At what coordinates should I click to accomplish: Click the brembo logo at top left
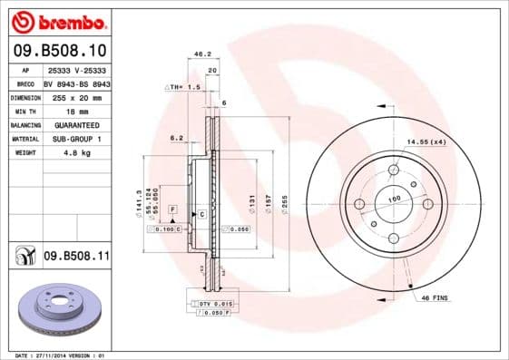57,21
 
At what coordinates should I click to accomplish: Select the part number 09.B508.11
75,258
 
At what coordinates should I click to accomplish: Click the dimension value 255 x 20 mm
76,95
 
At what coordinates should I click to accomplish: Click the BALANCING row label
25,124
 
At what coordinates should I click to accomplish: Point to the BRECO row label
25,82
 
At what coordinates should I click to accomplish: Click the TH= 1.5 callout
183,86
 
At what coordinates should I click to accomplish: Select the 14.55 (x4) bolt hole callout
426,141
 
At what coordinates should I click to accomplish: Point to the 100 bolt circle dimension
395,199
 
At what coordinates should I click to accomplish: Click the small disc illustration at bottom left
56,310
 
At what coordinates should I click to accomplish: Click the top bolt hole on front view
394,170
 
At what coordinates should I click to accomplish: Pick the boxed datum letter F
171,209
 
